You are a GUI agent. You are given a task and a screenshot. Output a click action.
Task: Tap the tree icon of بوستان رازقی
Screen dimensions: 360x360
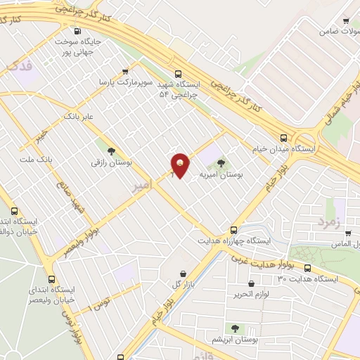click(111, 150)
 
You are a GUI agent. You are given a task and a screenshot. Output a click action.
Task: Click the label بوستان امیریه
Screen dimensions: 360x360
click(221, 175)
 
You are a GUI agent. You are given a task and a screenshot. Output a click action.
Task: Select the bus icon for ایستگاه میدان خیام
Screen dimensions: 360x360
click(283, 138)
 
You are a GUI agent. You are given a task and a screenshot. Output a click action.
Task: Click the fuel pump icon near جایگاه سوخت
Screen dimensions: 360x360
click(77, 31)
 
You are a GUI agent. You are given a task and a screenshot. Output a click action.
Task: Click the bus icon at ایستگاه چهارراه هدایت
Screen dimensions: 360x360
click(234, 229)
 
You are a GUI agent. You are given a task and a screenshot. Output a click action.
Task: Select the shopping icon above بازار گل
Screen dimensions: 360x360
click(184, 274)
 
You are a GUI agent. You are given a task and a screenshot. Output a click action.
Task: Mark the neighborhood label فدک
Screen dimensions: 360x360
click(19, 66)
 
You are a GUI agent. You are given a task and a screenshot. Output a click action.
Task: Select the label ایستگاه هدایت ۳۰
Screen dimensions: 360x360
click(308, 279)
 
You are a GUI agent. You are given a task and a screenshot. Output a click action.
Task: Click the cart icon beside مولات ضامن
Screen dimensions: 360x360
click(345, 21)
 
